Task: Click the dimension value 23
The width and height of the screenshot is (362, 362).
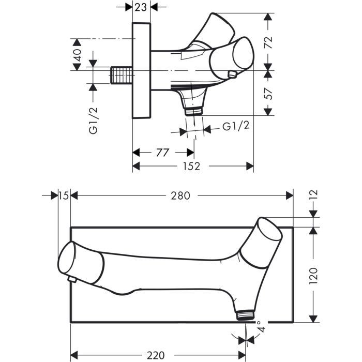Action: click(141, 7)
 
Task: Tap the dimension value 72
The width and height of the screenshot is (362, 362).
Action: click(268, 41)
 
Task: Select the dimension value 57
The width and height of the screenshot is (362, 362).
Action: click(268, 93)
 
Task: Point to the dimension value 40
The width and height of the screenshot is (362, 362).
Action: click(78, 55)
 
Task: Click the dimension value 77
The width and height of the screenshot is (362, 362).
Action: click(163, 153)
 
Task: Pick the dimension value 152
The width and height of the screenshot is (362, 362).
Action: click(192, 166)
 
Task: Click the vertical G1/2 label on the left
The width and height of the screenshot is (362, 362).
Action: click(93, 120)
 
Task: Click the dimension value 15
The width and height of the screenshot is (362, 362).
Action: click(64, 195)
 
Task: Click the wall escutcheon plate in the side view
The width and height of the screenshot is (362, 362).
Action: click(141, 71)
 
